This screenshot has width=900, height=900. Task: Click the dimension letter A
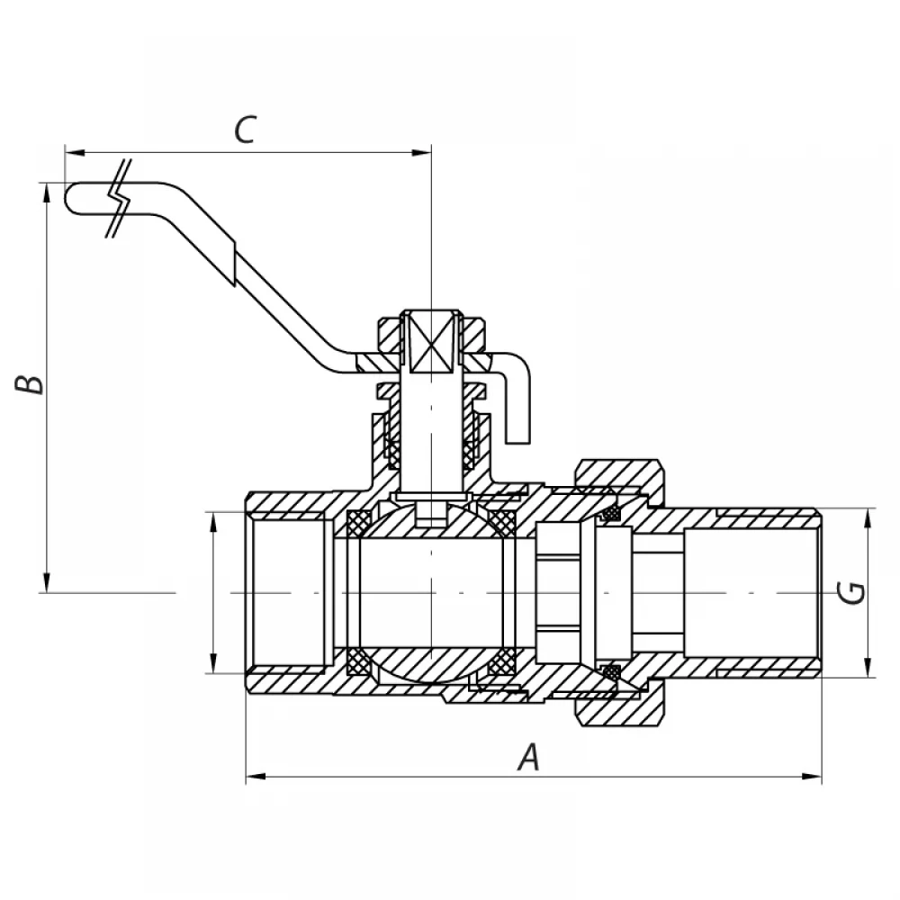click(x=529, y=757)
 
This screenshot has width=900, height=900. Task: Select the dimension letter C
click(x=245, y=130)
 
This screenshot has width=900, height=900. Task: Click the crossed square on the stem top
click(x=430, y=341)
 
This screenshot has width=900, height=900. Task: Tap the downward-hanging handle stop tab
click(x=517, y=409)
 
